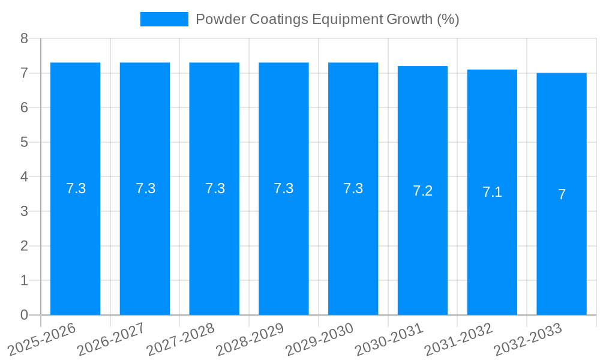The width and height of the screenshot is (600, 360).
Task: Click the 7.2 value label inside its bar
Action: point(422,191)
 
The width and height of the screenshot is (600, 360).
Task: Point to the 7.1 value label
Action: point(492,193)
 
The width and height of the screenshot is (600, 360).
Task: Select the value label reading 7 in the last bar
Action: point(562,194)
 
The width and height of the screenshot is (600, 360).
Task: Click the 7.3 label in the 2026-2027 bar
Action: point(145,188)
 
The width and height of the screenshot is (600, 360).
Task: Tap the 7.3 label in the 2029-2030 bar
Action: point(353,188)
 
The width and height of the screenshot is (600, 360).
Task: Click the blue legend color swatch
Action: point(164,19)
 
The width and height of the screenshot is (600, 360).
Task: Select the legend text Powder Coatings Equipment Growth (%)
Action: point(327,19)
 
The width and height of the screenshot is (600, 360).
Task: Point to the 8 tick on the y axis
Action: point(24,38)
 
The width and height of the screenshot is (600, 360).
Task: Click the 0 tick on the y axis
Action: point(24,315)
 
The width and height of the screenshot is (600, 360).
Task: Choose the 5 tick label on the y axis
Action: point(24,142)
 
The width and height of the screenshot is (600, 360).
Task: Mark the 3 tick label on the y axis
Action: point(24,211)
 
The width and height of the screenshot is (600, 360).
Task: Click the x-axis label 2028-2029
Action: point(250,339)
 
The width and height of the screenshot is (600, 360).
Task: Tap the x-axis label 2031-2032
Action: point(458,339)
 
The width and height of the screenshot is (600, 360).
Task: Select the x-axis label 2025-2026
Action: point(41,339)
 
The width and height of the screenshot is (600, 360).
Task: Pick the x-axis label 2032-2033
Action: point(527,339)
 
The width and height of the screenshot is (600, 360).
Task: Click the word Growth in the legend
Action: point(409,19)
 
